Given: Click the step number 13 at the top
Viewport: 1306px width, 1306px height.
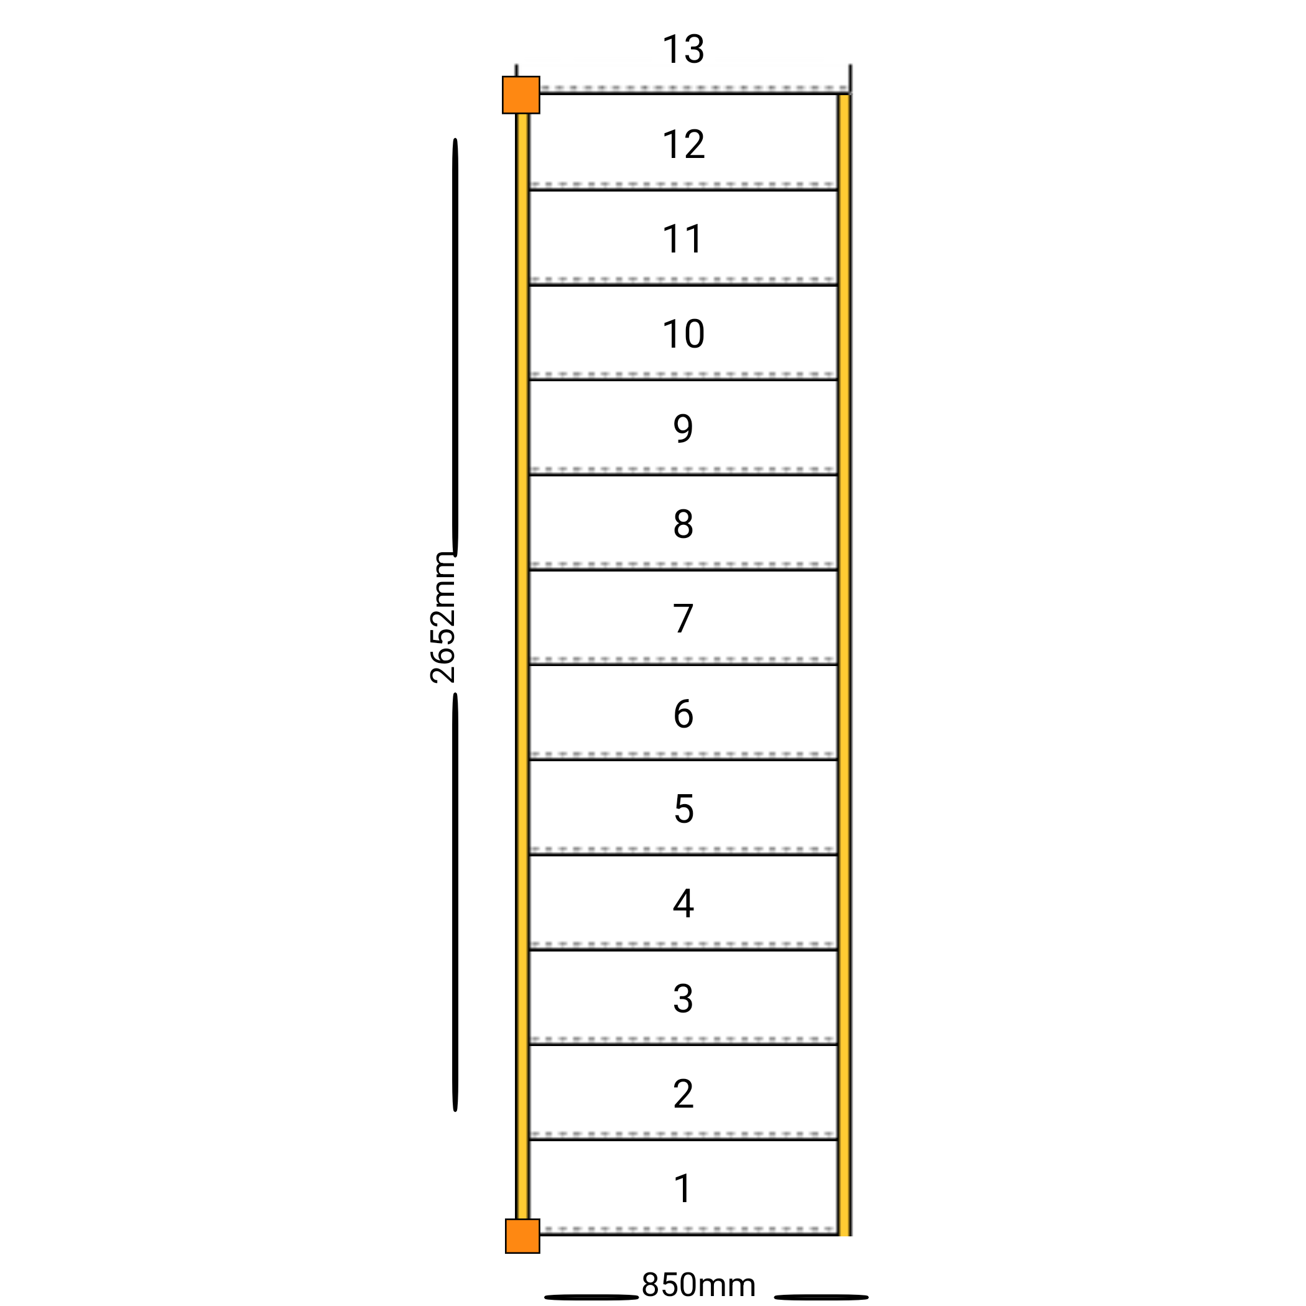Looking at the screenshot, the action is click(683, 49).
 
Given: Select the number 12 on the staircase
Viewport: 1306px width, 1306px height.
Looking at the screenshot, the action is click(683, 145).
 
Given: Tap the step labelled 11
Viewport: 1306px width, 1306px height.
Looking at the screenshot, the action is click(683, 239).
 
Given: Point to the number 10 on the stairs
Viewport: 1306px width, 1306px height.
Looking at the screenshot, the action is click(683, 334).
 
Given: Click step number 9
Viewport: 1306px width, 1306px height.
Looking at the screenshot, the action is click(683, 428).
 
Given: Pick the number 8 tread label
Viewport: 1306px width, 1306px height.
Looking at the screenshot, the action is click(683, 524).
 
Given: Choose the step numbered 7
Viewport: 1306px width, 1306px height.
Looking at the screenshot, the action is click(683, 619).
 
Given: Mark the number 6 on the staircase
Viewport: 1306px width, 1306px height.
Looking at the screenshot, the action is click(683, 714).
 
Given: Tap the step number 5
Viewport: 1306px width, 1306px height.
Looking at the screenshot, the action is click(683, 809).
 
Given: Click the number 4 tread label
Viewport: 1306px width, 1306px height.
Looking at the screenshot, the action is click(683, 904).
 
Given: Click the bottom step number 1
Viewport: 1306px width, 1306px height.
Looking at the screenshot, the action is click(683, 1189).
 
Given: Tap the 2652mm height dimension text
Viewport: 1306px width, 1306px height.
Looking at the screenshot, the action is click(443, 618).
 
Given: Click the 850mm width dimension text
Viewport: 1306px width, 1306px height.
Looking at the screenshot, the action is click(699, 1285).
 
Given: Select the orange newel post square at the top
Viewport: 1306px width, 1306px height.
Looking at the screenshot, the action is click(521, 95).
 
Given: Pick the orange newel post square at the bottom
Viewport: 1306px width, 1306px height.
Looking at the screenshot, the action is click(522, 1236).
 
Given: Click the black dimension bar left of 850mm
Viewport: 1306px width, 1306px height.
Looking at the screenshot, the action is click(591, 1297).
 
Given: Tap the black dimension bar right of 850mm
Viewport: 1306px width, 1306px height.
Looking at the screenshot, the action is click(822, 1297).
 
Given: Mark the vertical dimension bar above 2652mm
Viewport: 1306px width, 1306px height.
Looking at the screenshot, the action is click(455, 348).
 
